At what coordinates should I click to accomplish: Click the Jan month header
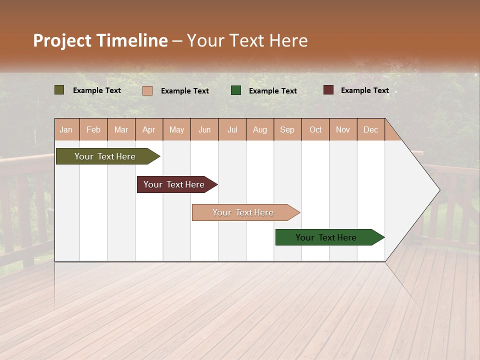[66, 129]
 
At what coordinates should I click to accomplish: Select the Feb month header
[93, 129]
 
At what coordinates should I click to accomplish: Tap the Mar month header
[121, 129]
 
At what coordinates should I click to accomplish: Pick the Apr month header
[149, 129]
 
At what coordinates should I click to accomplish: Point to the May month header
[176, 129]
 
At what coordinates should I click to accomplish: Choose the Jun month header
[204, 129]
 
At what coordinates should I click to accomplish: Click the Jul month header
[232, 129]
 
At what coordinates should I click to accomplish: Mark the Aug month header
[260, 129]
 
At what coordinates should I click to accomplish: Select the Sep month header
[287, 129]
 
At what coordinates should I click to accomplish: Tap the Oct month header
[315, 129]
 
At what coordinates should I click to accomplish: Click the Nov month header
[343, 129]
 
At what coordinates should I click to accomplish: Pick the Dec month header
[371, 129]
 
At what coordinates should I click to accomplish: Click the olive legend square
[59, 90]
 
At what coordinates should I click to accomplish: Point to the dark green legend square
[236, 90]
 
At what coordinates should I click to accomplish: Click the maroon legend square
[328, 90]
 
